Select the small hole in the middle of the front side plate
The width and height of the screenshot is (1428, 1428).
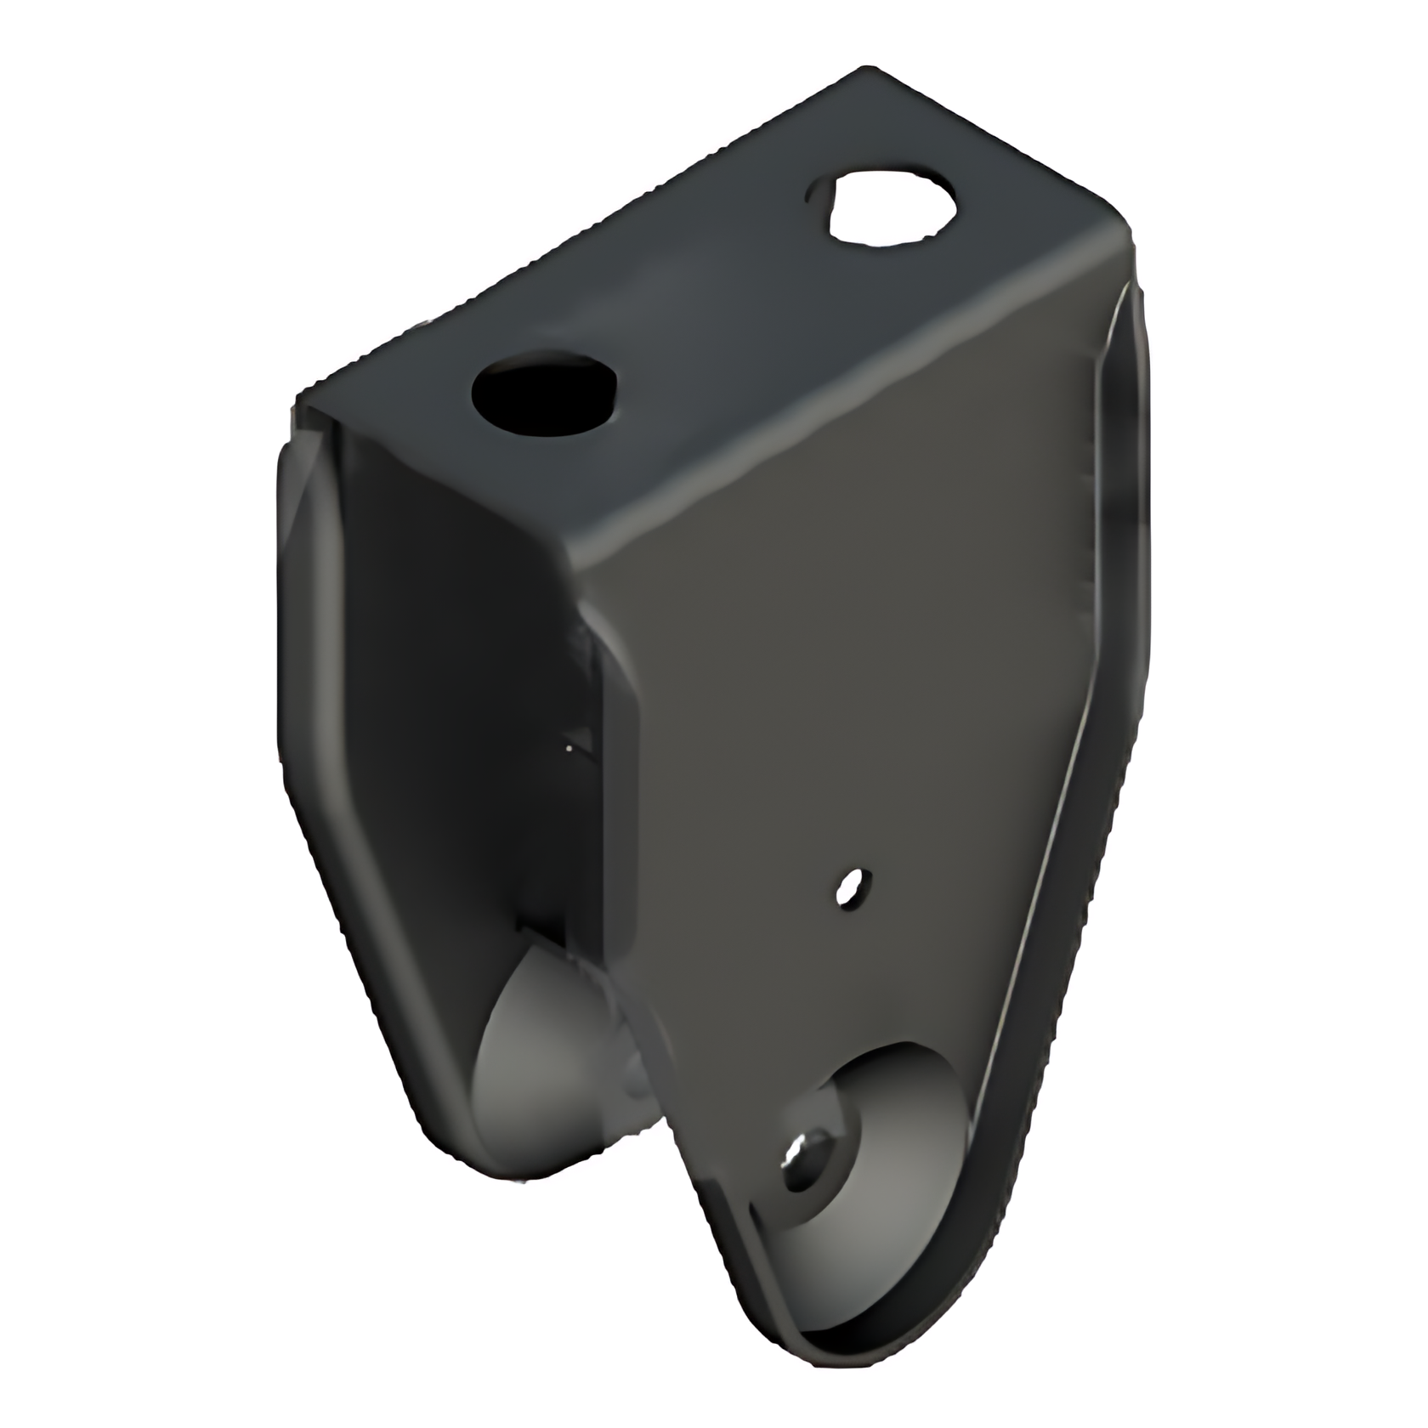click(847, 887)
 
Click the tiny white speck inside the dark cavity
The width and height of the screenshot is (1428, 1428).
click(570, 747)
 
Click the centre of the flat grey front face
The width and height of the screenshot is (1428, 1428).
click(850, 680)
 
